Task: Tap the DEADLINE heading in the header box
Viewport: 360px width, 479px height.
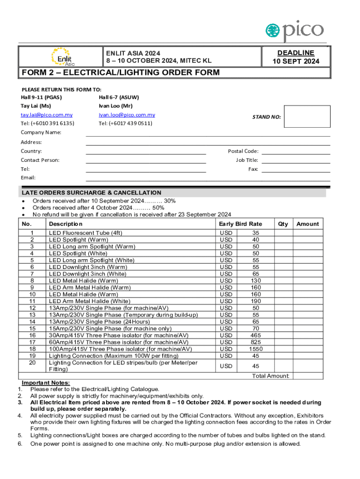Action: pyautogui.click(x=295, y=53)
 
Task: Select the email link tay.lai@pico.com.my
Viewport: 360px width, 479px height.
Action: pyautogui.click(x=46, y=115)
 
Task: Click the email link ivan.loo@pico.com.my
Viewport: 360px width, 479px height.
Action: pyautogui.click(x=127, y=115)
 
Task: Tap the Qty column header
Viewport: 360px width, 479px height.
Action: pyautogui.click(x=283, y=224)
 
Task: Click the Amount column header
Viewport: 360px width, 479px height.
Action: pyautogui.click(x=308, y=224)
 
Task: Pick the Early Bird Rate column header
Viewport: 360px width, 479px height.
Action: pyautogui.click(x=240, y=224)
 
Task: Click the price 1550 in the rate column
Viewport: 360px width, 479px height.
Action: pyautogui.click(x=256, y=349)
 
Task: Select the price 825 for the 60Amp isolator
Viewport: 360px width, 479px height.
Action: pyautogui.click(x=256, y=342)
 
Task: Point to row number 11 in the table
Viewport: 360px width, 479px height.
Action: pyautogui.click(x=32, y=301)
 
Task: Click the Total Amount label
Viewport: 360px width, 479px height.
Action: pyautogui.click(x=271, y=376)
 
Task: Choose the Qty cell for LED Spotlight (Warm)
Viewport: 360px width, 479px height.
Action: pyautogui.click(x=283, y=239)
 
